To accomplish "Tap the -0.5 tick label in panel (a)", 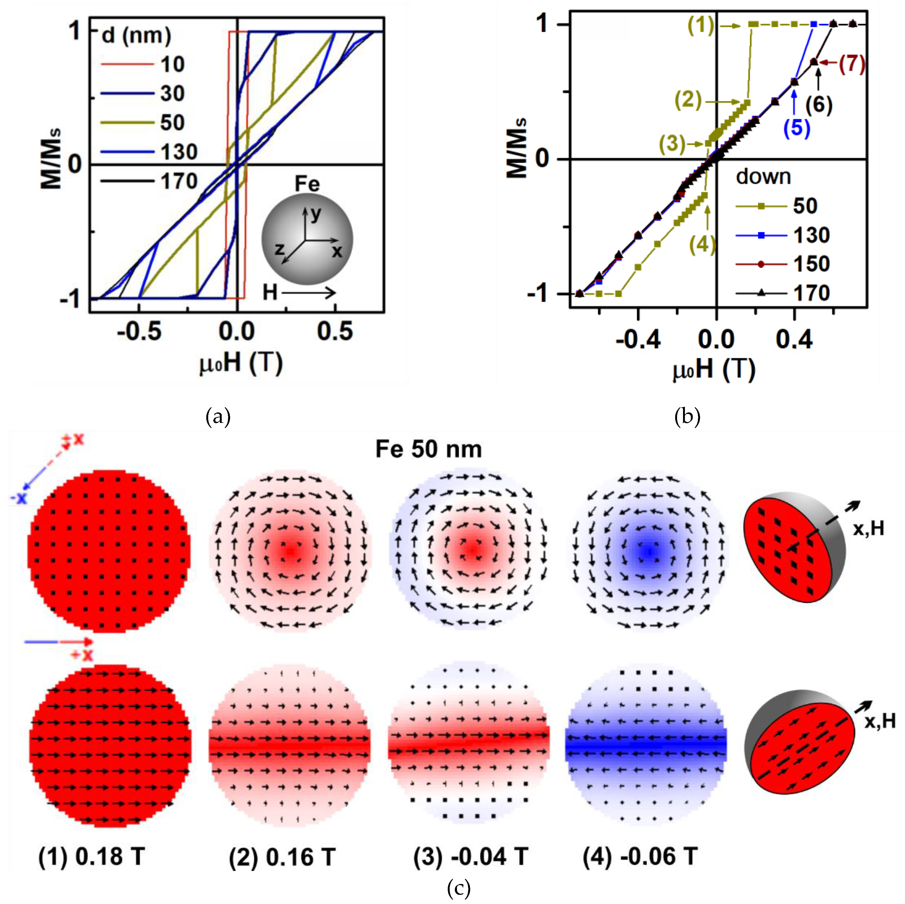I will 139,332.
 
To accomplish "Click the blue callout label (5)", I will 797,128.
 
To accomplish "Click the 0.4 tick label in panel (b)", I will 794,339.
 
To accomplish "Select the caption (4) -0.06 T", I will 640,857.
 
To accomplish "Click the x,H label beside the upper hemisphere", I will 868,528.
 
